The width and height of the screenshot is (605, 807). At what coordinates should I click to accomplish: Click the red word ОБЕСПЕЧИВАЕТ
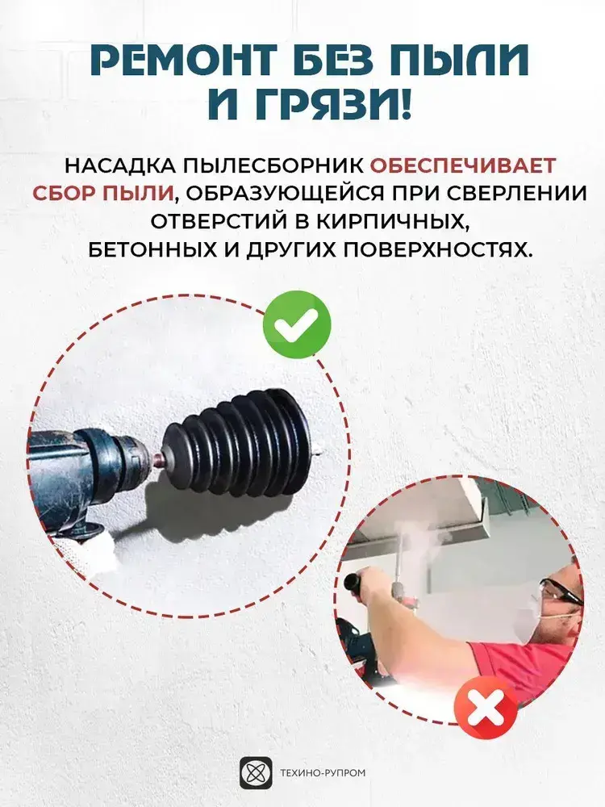tap(463, 165)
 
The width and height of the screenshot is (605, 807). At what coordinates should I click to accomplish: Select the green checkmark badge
tap(296, 324)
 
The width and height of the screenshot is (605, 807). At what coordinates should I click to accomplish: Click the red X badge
tap(486, 709)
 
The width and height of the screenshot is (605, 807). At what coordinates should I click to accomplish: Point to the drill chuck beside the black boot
tap(135, 449)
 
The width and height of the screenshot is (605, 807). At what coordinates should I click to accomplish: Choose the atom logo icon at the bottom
tap(256, 772)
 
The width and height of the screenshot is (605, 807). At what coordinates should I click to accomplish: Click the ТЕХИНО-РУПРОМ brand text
tap(323, 772)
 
